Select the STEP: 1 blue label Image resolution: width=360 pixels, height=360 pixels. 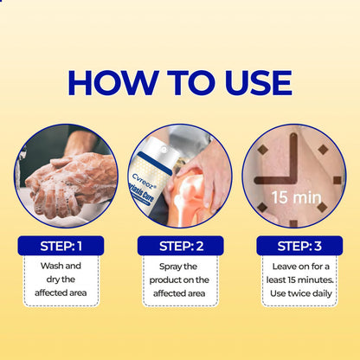pyautogui.click(x=61, y=246)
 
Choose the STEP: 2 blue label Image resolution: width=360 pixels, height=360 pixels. pyautogui.click(x=180, y=246)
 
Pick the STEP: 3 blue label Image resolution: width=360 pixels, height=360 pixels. pyautogui.click(x=299, y=246)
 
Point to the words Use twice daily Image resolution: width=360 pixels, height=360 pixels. pyautogui.click(x=299, y=295)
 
